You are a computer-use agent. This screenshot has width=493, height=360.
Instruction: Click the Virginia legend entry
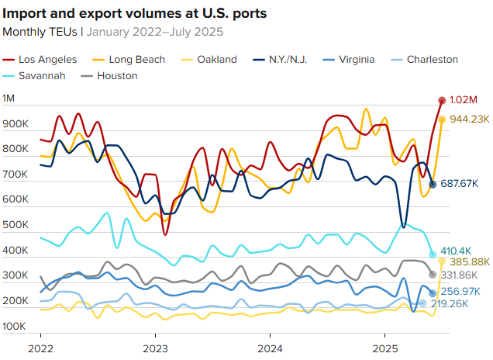[x=356, y=60]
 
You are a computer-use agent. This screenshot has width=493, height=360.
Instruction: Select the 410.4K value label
[x=456, y=251]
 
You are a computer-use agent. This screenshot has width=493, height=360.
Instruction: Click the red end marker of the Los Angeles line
[x=442, y=100]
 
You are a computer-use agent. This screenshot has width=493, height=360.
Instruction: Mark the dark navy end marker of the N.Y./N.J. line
[x=433, y=184]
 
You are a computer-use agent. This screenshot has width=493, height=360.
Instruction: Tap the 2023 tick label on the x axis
[x=155, y=348]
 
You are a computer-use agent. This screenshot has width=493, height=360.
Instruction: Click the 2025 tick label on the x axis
[x=385, y=348]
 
